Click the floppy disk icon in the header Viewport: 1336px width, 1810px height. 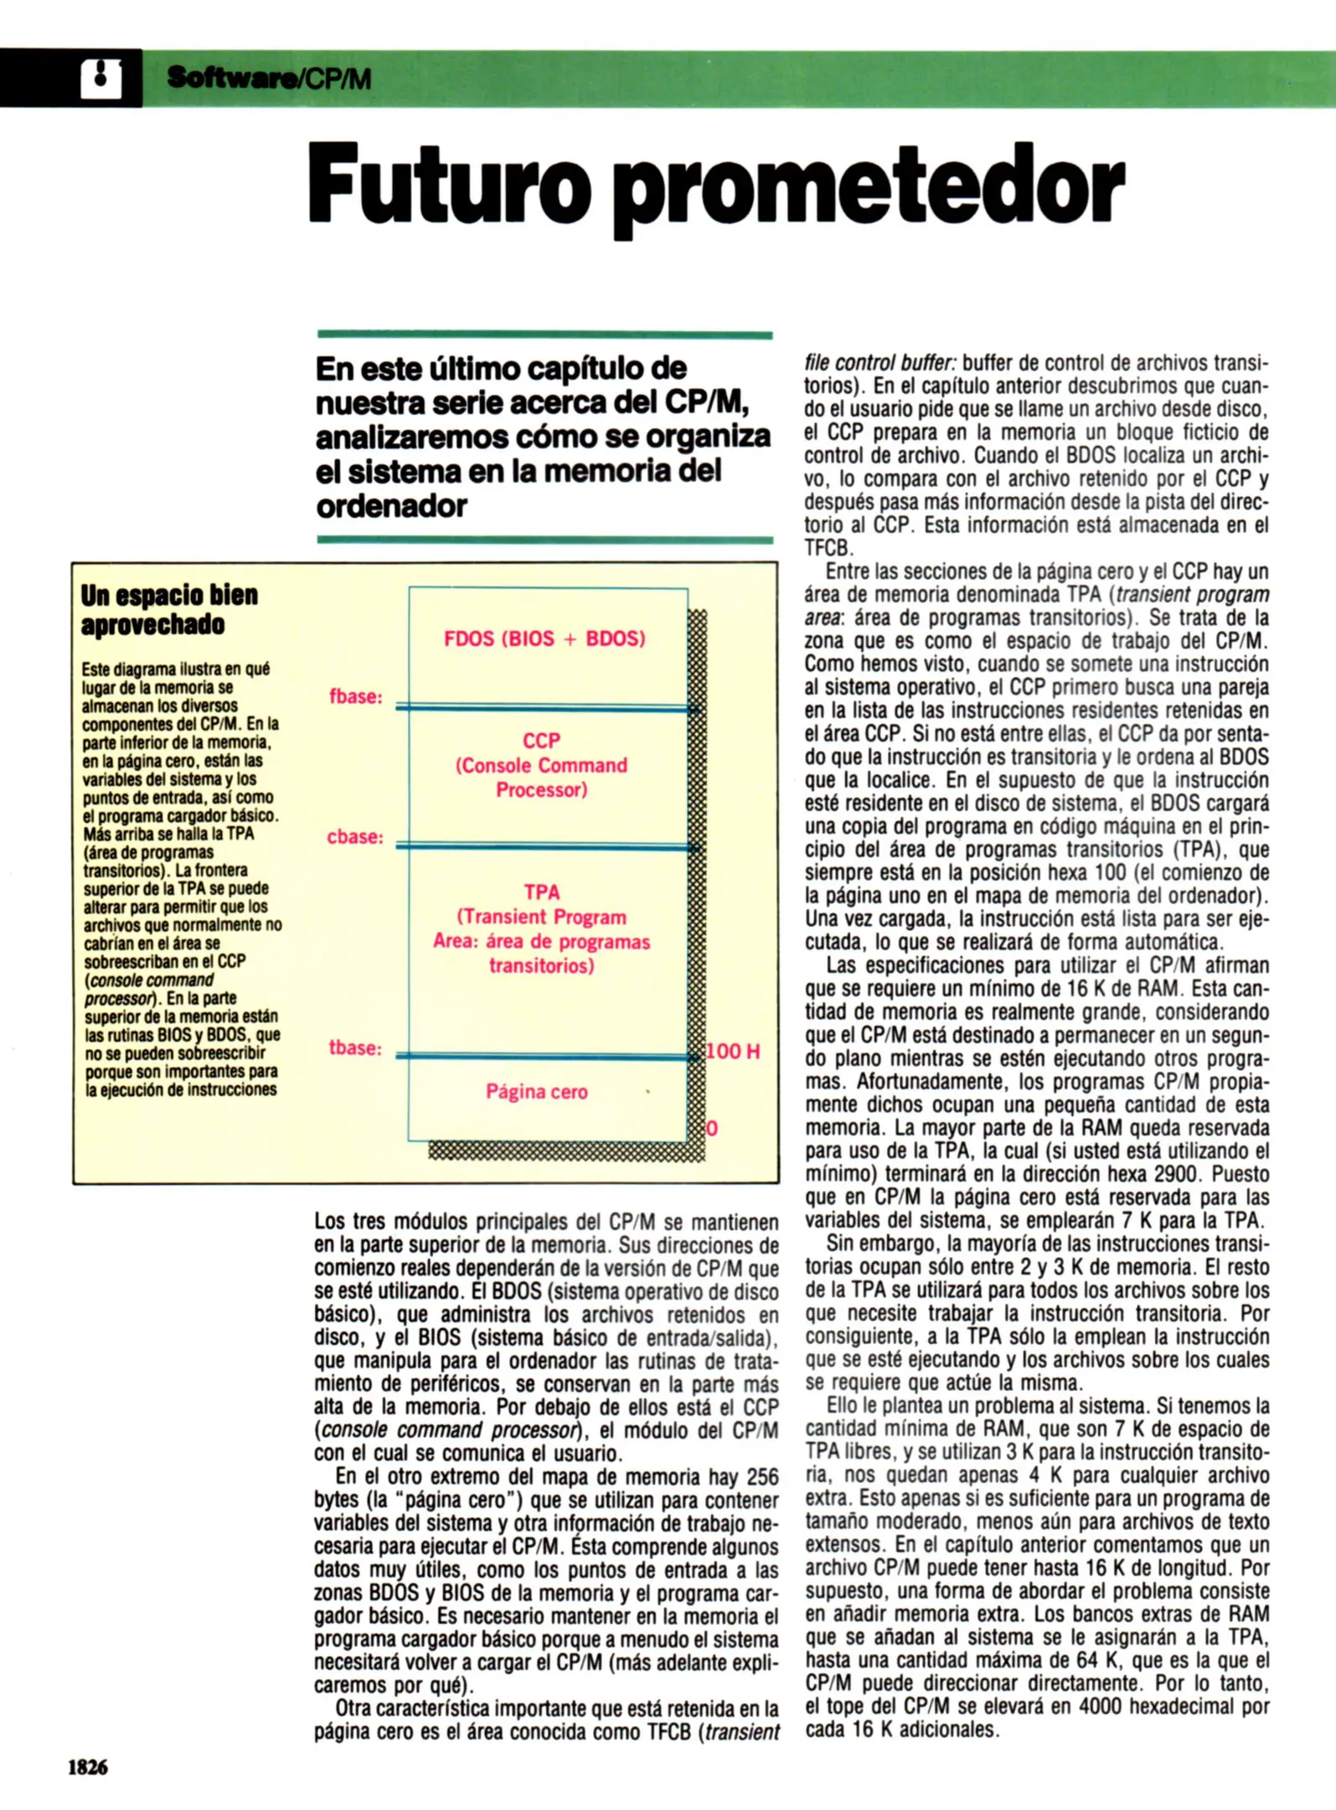point(101,79)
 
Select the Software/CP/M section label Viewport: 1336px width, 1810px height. point(269,79)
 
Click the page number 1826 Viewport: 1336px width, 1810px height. point(87,1767)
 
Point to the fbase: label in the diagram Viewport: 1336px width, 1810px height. point(356,696)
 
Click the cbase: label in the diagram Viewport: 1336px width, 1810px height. point(355,836)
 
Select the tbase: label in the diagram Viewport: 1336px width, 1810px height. point(355,1047)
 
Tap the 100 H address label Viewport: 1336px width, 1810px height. point(733,1051)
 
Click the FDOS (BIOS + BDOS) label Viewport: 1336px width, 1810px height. point(544,639)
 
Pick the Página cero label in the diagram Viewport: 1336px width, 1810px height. point(537,1092)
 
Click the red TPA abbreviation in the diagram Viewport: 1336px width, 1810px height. point(542,892)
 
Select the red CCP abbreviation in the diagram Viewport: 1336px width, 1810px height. point(541,741)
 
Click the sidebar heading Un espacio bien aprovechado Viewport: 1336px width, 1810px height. point(169,609)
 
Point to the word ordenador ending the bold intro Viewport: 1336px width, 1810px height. point(391,506)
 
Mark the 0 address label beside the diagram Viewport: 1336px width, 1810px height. point(712,1128)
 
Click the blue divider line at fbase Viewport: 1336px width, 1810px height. point(544,708)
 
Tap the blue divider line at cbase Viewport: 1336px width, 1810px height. point(544,847)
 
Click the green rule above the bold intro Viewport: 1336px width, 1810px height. point(544,335)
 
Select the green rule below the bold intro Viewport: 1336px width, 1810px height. point(544,540)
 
